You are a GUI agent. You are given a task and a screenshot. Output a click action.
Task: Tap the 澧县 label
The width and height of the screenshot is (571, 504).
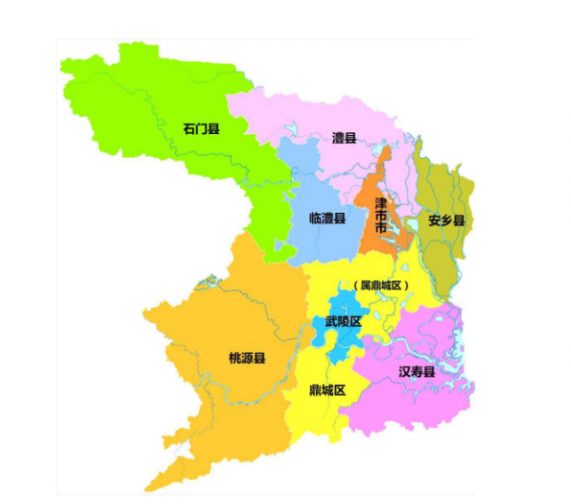tap(344, 139)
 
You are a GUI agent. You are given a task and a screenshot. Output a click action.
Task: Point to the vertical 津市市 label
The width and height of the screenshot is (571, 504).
tap(381, 217)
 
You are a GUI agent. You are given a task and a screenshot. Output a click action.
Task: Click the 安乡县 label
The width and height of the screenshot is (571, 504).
tap(445, 220)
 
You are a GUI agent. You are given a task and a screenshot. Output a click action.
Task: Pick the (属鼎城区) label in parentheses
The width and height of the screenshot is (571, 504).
tap(380, 285)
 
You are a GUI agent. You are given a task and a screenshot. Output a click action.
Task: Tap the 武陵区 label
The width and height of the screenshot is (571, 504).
tap(343, 321)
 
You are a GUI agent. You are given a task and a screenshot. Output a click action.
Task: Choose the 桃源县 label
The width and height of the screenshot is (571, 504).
tap(247, 358)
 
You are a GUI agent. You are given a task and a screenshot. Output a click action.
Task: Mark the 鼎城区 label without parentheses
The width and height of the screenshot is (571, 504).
tap(326, 390)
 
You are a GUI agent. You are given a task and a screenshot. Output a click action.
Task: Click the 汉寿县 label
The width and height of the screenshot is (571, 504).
tap(417, 371)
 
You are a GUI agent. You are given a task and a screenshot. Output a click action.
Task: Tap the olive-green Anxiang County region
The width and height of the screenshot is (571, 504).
tap(440, 257)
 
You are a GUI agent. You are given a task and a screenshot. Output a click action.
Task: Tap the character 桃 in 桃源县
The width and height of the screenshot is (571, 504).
tap(235, 358)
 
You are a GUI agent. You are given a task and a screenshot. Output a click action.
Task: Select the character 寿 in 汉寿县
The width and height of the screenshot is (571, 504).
tap(417, 371)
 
